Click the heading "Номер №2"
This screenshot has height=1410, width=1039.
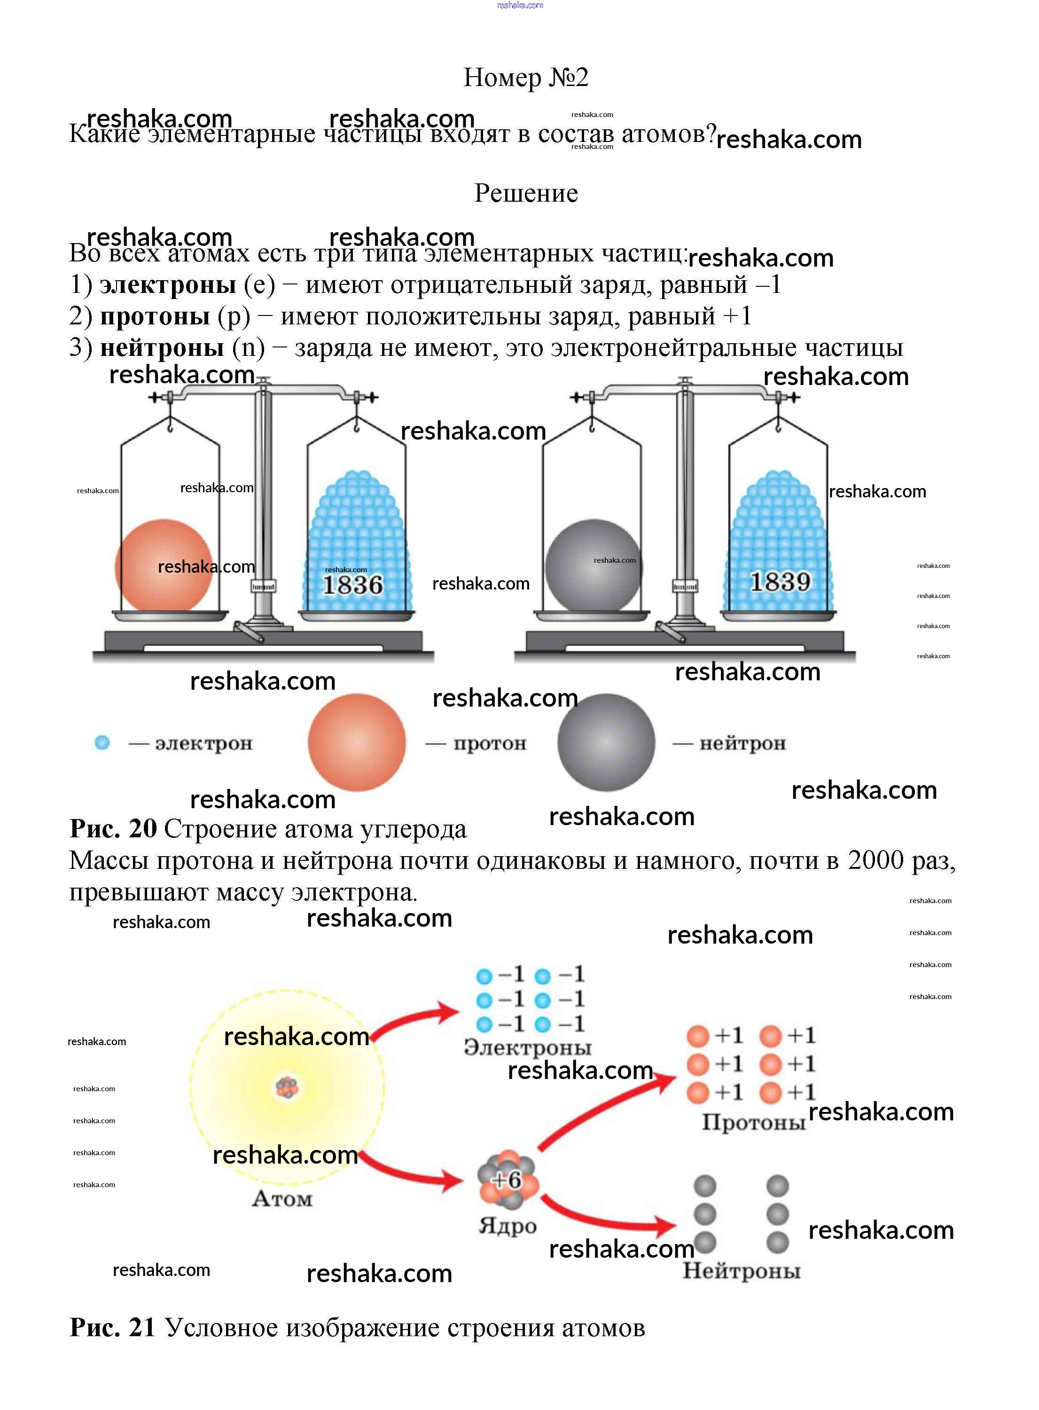(526, 78)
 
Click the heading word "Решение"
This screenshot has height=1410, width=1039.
(526, 193)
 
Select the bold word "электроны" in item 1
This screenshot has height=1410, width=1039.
(168, 285)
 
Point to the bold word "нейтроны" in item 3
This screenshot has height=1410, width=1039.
(162, 348)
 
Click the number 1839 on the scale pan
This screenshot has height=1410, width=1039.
(781, 582)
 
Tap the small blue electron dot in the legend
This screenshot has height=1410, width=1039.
(102, 743)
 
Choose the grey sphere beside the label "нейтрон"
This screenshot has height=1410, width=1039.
(606, 742)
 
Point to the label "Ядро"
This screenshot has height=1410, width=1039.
(508, 1226)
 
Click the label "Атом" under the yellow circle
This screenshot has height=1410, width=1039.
(282, 1198)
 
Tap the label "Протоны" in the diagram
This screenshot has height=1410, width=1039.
(753, 1122)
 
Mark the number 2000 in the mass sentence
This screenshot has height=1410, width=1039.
(875, 861)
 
